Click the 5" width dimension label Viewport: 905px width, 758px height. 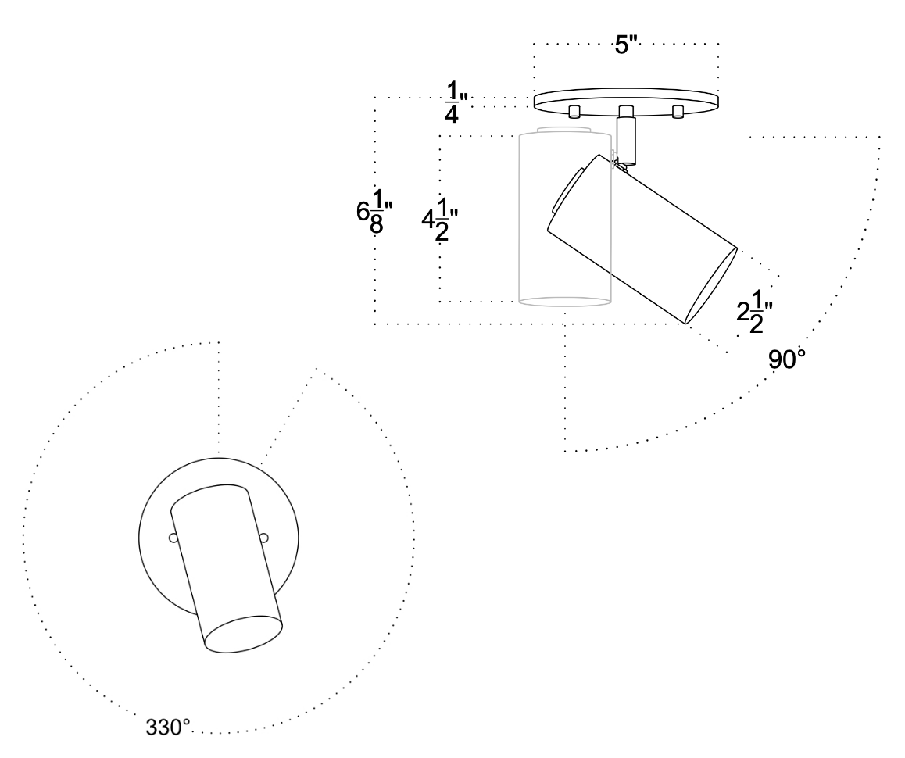(x=627, y=45)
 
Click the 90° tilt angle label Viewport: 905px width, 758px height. (x=788, y=359)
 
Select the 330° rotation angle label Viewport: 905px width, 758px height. (x=168, y=726)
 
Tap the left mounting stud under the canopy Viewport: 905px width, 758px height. (x=574, y=111)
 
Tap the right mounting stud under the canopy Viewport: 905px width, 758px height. (x=678, y=111)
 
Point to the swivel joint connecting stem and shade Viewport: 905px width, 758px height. (x=622, y=163)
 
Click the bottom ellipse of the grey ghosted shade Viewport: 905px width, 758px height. (x=563, y=302)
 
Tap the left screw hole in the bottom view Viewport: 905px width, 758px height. (x=172, y=538)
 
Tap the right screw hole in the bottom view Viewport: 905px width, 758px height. (x=264, y=537)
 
